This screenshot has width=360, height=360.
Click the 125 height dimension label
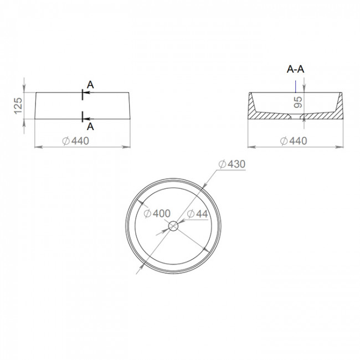coord(18,106)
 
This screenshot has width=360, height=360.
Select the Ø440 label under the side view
coord(75,141)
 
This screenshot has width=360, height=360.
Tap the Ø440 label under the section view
coord(294,141)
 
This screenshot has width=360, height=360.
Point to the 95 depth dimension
coord(298,102)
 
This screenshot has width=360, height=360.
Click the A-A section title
coord(296,69)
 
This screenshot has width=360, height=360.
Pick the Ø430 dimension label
coord(232,164)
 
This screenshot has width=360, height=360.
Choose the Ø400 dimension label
coord(157,214)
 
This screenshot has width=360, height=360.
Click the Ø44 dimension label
coord(198,214)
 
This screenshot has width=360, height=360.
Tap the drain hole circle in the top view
coord(173,226)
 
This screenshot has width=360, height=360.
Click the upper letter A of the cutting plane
coord(90,85)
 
